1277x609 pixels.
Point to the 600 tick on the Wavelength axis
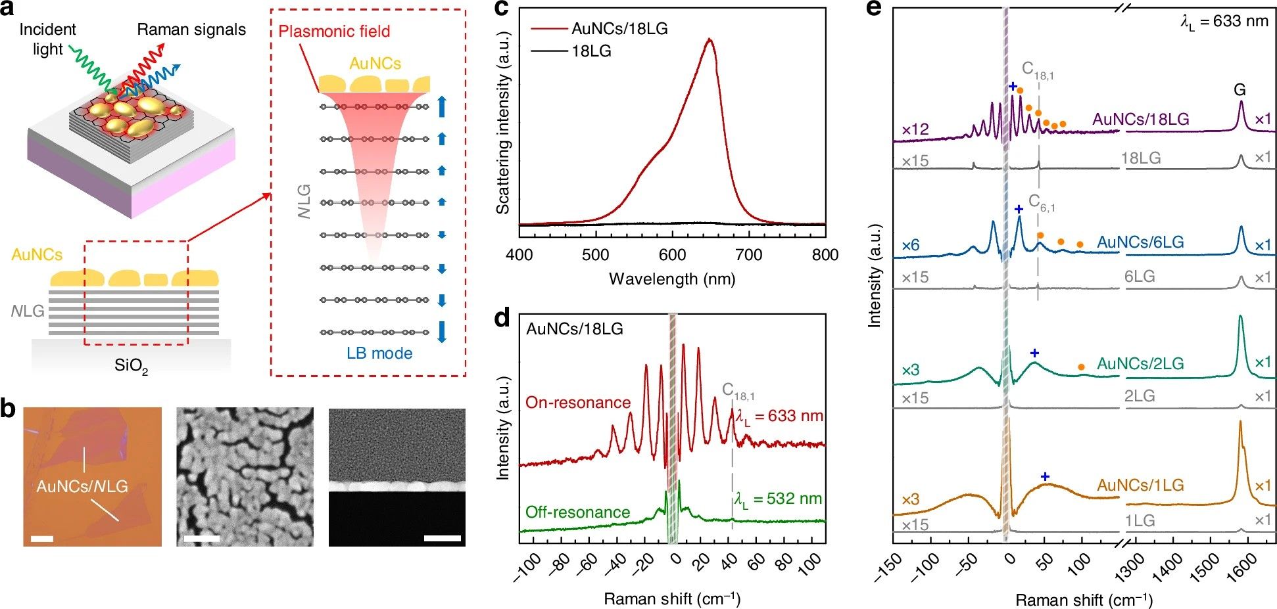(672, 255)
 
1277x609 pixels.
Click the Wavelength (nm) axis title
(671, 279)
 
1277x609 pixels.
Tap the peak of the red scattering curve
(710, 39)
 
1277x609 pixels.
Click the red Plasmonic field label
(334, 31)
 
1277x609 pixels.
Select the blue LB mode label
(379, 353)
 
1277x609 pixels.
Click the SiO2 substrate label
(131, 366)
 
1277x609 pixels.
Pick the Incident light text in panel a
(47, 39)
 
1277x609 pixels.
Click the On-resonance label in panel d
(577, 402)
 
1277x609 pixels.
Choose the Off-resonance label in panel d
(577, 512)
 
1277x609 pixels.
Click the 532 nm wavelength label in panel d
(779, 499)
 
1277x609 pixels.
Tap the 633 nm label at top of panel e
(1224, 22)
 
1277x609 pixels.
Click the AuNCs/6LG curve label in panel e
(1140, 242)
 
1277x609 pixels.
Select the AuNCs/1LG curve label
(1140, 485)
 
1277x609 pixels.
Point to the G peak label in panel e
(1240, 89)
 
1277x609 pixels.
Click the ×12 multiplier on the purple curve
(915, 129)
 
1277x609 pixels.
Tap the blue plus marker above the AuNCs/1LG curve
(1045, 476)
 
